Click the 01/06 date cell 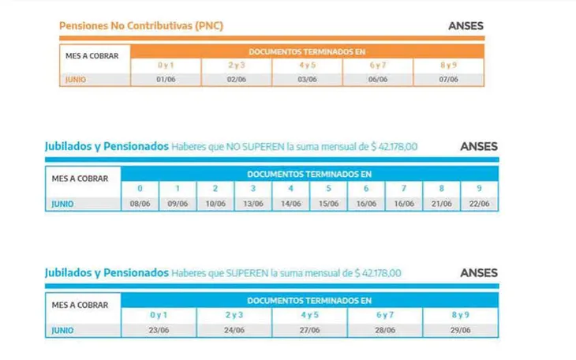click(x=166, y=79)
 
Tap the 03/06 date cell click(x=307, y=79)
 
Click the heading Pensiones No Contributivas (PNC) click(x=141, y=25)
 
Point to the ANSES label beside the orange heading click(x=466, y=25)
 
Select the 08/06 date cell click(x=140, y=204)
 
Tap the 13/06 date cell click(x=253, y=204)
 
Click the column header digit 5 click(x=329, y=189)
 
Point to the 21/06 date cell click(x=442, y=204)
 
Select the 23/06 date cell click(x=159, y=329)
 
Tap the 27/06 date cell click(x=310, y=329)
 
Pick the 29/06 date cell click(x=461, y=329)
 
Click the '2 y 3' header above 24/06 click(x=234, y=315)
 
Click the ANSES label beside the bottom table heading click(x=479, y=273)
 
